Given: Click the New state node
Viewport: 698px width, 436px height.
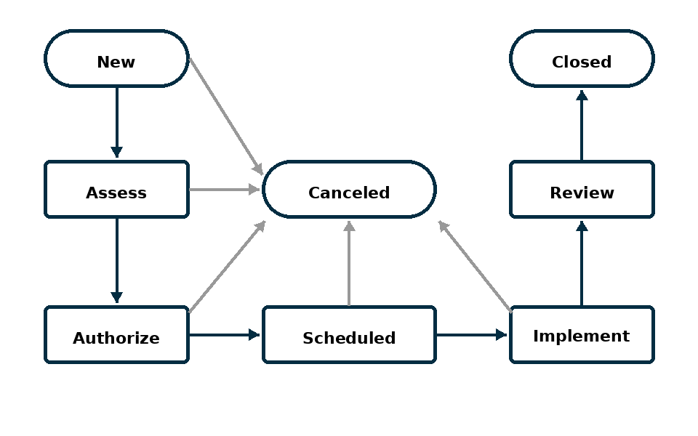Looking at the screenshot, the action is [x=116, y=58].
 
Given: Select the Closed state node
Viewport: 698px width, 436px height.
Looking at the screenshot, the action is [x=582, y=58].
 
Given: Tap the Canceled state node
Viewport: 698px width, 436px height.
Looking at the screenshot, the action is [x=349, y=190].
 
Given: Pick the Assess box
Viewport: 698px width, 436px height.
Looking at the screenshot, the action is [x=116, y=190].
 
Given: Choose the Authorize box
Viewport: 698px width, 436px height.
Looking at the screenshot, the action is [x=116, y=335].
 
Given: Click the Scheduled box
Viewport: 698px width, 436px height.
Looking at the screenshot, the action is [x=349, y=335].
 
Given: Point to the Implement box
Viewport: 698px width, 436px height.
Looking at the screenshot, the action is [x=582, y=335].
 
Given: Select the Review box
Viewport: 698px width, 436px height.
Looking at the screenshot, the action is [x=582, y=190].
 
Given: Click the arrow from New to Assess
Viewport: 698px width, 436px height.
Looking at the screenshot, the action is [x=116, y=122].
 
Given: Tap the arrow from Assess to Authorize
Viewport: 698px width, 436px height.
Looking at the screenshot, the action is [x=116, y=261].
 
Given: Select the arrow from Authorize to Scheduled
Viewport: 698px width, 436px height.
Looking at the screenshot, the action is [x=225, y=334].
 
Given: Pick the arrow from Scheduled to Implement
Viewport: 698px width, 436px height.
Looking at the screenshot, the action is [x=471, y=334].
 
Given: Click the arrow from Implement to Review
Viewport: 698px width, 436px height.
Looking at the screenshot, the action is [x=582, y=263].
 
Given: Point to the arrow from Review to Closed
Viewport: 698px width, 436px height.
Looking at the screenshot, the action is [x=582, y=125].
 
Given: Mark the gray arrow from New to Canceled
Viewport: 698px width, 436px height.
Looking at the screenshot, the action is [x=227, y=116].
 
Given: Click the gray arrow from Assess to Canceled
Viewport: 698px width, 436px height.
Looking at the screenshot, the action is [x=225, y=190].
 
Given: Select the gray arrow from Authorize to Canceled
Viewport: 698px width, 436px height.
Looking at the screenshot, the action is [x=228, y=267].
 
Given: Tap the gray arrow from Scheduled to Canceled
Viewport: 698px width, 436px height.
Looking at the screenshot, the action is [x=349, y=263].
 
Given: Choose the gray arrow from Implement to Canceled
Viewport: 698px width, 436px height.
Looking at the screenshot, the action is [x=475, y=267].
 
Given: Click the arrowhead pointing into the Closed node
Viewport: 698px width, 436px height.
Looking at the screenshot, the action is [x=582, y=94].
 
